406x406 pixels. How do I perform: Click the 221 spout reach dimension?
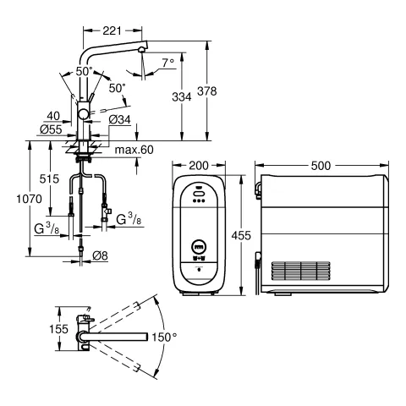click(x=112, y=30)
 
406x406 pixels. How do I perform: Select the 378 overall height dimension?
click(x=207, y=91)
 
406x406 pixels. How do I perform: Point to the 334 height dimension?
click(x=182, y=97)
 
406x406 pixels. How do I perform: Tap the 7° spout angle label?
click(x=168, y=63)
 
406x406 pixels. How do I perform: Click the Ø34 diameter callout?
click(x=120, y=119)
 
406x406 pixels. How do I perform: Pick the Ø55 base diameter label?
click(x=51, y=129)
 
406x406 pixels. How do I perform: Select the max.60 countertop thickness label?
click(x=134, y=150)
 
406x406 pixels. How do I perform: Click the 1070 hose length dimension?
click(x=29, y=199)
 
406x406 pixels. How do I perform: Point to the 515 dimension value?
click(x=49, y=178)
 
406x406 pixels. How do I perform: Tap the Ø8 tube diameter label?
click(x=100, y=255)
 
